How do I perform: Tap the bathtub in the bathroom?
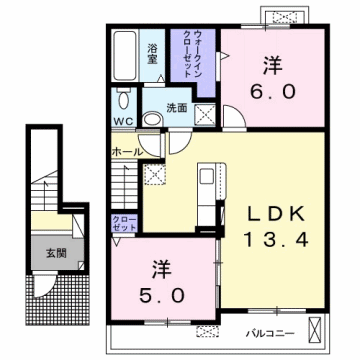(126, 59)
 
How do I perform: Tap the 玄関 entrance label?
(55, 251)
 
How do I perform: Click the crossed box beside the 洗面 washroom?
(203, 113)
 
